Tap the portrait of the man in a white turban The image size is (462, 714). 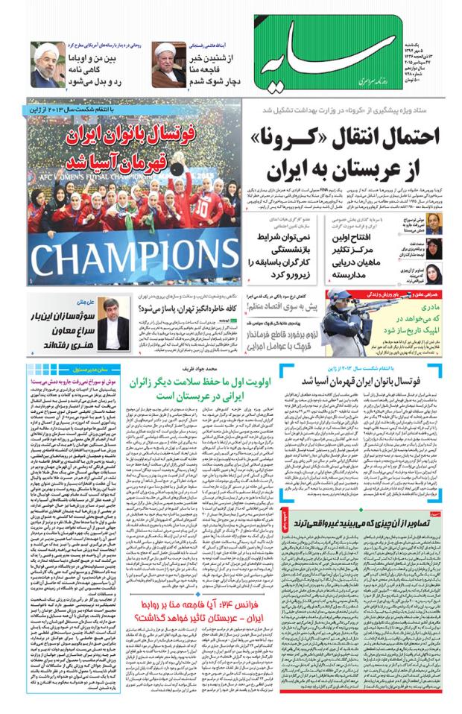point(167,63)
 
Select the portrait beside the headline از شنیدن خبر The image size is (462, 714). point(167,63)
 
